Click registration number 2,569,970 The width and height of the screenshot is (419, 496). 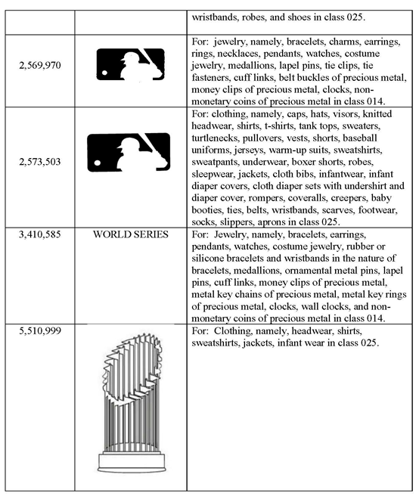(x=39, y=65)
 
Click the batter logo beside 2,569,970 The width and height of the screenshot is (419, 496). (x=130, y=64)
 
